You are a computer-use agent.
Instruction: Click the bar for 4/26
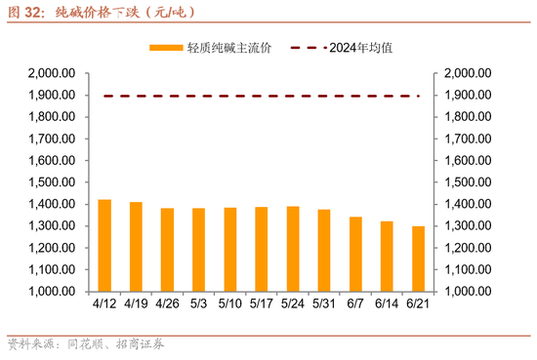coord(167,249)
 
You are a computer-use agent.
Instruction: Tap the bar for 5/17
coord(261,249)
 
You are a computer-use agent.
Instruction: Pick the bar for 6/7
coord(355,254)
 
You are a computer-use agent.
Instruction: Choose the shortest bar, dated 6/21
coord(418,259)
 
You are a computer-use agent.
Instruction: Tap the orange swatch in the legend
coord(165,47)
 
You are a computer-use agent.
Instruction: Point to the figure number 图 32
coord(25,13)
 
